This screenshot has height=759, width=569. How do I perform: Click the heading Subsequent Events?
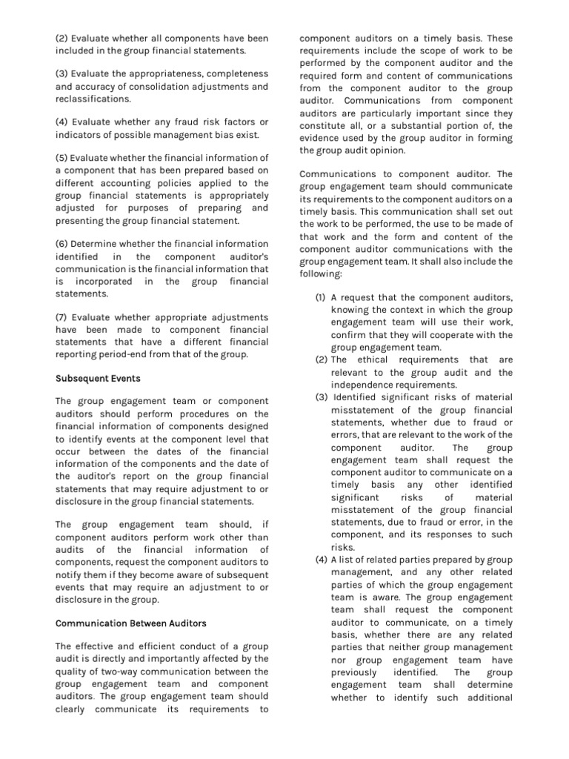pyautogui.click(x=97, y=378)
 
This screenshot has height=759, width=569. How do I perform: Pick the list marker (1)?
pyautogui.click(x=321, y=297)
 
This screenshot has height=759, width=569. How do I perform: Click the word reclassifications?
pyautogui.click(x=93, y=99)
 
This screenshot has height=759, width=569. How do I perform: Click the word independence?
pyautogui.click(x=367, y=385)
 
